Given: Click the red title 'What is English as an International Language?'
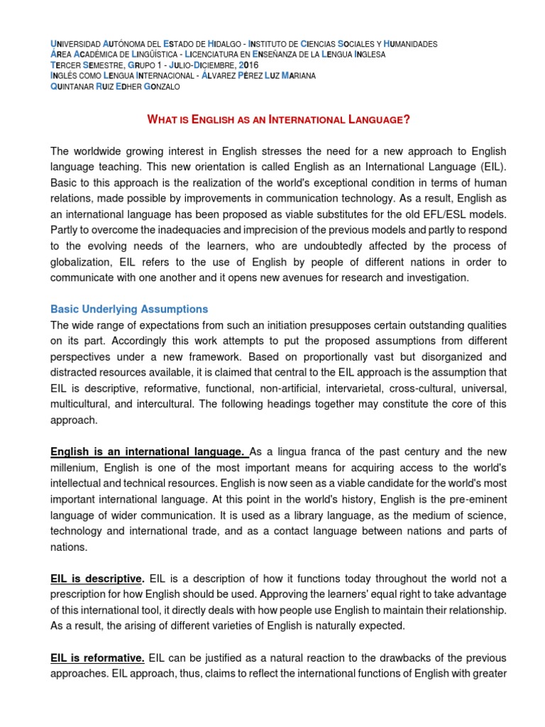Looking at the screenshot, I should [278, 119].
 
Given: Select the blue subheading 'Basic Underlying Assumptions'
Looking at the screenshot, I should [129, 309].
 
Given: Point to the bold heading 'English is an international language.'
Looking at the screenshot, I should [149, 451].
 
